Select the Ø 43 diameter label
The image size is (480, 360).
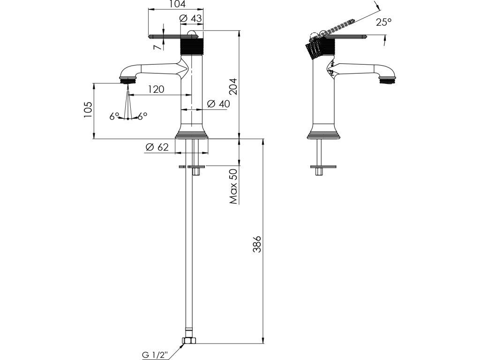(x=191, y=18)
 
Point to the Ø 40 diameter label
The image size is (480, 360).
(x=218, y=104)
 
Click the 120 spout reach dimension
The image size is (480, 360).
(x=156, y=89)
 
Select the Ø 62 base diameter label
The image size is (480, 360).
(x=157, y=147)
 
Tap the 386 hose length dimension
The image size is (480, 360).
(x=257, y=244)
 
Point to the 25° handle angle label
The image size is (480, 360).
(x=383, y=22)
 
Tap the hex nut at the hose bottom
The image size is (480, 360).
(x=189, y=340)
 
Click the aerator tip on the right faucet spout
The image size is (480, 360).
(x=387, y=80)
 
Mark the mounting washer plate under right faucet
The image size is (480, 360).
(x=323, y=166)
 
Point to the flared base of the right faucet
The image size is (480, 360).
(x=323, y=132)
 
